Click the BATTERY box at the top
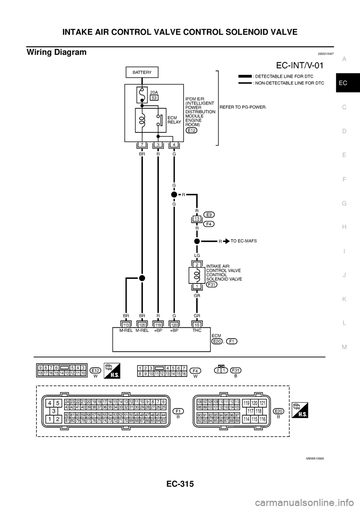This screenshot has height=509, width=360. click(142, 72)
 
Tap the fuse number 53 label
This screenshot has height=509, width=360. click(154, 97)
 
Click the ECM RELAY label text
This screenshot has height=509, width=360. click(174, 120)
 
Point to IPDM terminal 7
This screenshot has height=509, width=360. click(142, 145)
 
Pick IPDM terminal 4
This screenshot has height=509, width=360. click(174, 145)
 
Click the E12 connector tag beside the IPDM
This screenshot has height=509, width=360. click(191, 130)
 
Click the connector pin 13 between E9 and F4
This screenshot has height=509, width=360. click(197, 219)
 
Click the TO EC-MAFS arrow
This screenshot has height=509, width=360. click(227, 241)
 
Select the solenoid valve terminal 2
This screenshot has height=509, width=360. click(197, 265)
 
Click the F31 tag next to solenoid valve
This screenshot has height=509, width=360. click(211, 285)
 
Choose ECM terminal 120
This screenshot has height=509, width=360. click(174, 325)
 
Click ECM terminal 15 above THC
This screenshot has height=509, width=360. click(197, 325)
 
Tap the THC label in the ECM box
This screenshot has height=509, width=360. click(197, 331)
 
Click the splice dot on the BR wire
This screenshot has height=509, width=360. click(142, 278)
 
